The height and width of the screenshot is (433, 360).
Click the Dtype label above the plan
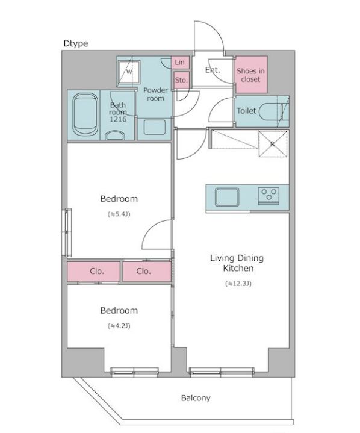pyautogui.click(x=76, y=43)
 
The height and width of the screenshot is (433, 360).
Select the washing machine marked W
pyautogui.click(x=129, y=72)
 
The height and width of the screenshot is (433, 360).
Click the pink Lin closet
pyautogui.click(x=180, y=62)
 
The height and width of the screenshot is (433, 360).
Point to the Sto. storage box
pyautogui.click(x=181, y=80)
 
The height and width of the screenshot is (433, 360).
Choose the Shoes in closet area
pyautogui.click(x=251, y=75)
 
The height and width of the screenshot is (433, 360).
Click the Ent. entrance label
pyautogui.click(x=213, y=70)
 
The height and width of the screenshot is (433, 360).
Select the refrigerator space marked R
pyautogui.click(x=273, y=144)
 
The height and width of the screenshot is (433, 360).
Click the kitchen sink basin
pyautogui.click(x=227, y=197)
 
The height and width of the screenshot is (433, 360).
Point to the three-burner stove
pyautogui.click(x=268, y=196)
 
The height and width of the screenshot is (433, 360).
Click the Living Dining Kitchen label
pyautogui.click(x=237, y=263)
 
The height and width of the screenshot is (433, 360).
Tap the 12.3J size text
pyautogui.click(x=238, y=284)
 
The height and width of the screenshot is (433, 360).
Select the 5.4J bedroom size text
pyautogui.click(x=119, y=214)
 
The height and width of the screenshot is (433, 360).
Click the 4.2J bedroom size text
pyautogui.click(x=119, y=326)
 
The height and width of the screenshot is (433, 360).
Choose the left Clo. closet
pyautogui.click(x=93, y=272)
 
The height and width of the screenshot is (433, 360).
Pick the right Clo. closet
pyautogui.click(x=147, y=272)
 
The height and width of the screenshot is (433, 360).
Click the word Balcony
pyautogui.click(x=196, y=398)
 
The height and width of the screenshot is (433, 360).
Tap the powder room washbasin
pyautogui.click(x=155, y=127)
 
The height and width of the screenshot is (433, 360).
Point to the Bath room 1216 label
pyautogui.click(x=118, y=112)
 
